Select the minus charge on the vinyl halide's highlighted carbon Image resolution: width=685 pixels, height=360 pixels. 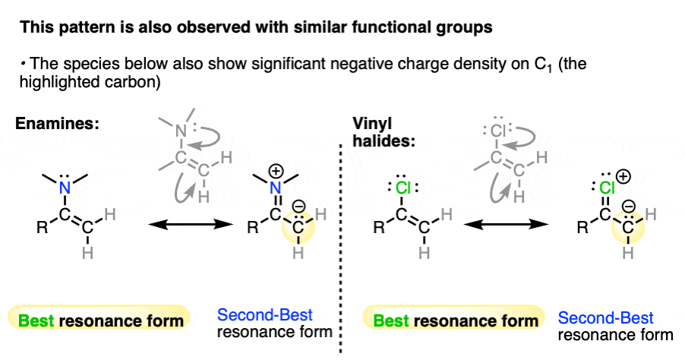coord(628,206)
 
